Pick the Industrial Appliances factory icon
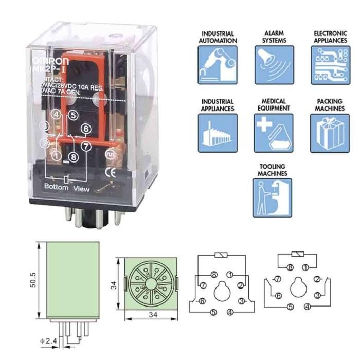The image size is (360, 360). point(218,133)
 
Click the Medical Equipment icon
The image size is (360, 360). point(274,133)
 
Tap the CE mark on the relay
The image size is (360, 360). point(110,172)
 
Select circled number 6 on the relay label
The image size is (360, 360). point(85,129)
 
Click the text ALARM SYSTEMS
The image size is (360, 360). point(274,37)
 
